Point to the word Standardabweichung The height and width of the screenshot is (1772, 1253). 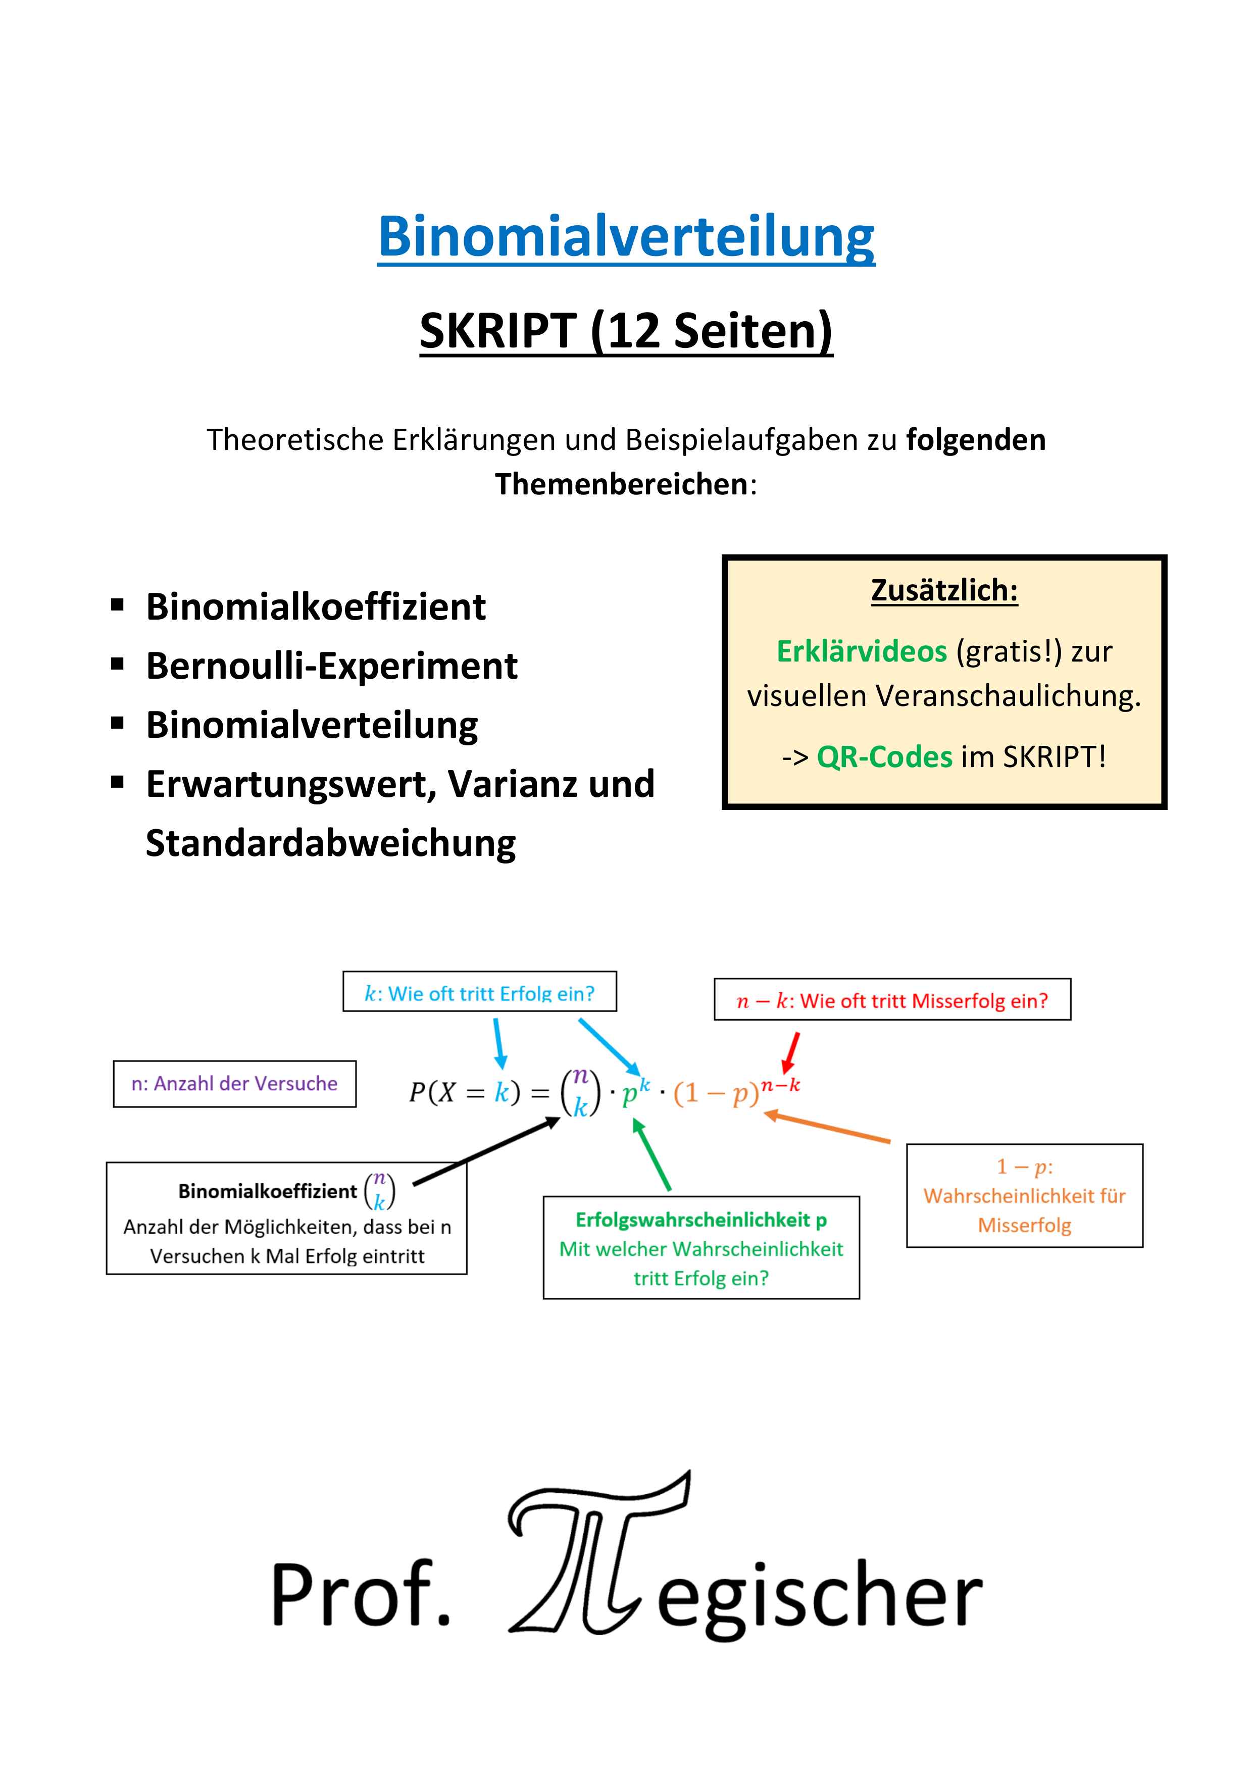[x=330, y=843]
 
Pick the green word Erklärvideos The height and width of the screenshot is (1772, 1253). [x=862, y=651]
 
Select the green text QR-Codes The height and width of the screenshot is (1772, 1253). [x=885, y=757]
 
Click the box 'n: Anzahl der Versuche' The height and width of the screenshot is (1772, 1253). [x=235, y=1084]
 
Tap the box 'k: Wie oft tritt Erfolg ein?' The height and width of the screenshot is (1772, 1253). [x=479, y=992]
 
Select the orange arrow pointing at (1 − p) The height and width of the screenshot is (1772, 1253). [x=826, y=1126]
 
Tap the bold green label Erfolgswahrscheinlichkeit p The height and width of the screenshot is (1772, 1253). [x=701, y=1220]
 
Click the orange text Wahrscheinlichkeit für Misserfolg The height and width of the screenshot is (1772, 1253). [x=1025, y=1210]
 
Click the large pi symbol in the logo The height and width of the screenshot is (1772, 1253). [x=598, y=1551]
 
